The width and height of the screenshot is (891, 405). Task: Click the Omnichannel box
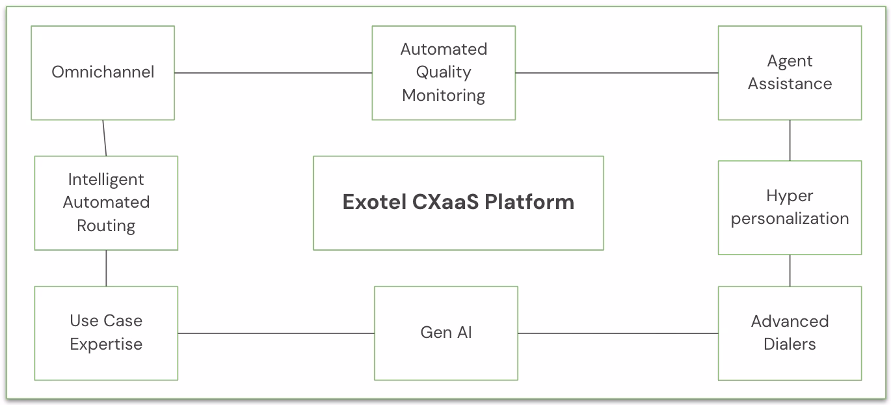point(103,72)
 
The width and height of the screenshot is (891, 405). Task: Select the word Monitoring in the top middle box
point(444,96)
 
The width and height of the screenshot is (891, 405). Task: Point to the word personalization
point(790,219)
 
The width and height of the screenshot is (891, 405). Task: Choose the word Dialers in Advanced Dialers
point(790,344)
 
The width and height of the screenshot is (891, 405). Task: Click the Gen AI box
point(446,333)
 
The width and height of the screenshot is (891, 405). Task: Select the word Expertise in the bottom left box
point(106,344)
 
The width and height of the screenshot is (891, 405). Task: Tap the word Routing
point(106,226)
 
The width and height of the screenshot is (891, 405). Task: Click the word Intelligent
point(106,179)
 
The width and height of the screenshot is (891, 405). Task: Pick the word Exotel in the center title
point(374,202)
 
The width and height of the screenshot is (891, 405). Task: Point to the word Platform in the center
point(529,202)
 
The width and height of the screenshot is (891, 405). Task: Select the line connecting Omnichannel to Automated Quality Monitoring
point(273,73)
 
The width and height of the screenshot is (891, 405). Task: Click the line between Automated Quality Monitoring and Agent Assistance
point(617,73)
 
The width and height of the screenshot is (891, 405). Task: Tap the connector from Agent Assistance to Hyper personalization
point(790,140)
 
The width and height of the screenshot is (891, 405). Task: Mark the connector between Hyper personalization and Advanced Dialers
point(790,270)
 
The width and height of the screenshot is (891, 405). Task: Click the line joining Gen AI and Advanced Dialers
point(618,333)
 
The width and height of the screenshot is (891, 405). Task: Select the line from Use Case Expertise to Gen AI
point(276,333)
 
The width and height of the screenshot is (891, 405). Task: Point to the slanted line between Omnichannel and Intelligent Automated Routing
point(104,138)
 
